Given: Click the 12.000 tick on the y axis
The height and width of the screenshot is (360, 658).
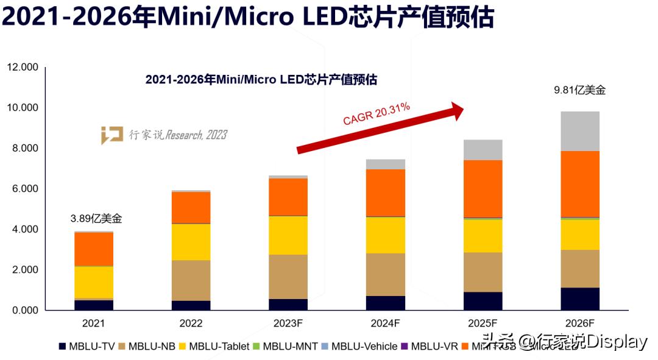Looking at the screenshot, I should click(x=22, y=67).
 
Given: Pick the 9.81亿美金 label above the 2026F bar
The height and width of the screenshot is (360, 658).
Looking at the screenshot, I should click(x=579, y=90).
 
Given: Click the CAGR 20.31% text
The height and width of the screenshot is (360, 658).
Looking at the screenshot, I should click(x=376, y=115).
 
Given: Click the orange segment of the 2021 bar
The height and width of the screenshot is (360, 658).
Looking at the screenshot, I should click(x=94, y=249).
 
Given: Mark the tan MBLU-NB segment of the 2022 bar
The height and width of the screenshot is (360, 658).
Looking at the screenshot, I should click(x=191, y=280).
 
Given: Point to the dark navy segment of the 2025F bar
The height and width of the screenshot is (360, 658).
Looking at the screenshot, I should click(x=483, y=301).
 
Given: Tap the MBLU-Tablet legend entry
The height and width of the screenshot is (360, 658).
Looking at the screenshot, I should click(x=213, y=347).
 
